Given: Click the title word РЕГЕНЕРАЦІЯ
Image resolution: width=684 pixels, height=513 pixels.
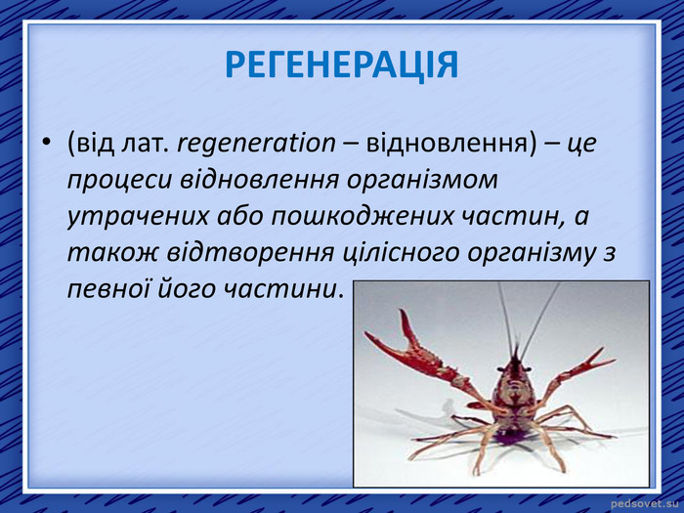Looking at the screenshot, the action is coord(342,65).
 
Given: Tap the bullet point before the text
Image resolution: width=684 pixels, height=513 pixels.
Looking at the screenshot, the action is coord(47,143).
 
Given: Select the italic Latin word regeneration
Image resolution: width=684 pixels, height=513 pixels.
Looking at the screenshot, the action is coord(256,143).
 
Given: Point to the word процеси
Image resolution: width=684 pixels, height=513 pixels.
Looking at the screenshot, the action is coord(118,180).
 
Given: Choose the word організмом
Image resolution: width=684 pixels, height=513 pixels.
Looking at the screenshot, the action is coord(422,180).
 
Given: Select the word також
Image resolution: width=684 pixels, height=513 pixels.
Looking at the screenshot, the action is coord(112,253).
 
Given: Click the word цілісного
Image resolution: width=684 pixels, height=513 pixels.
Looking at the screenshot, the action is coord(399,253).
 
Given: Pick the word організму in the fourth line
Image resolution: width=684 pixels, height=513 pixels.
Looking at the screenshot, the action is coord(531,254).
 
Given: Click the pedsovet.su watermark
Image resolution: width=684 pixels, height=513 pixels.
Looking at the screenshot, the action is coord(645,504).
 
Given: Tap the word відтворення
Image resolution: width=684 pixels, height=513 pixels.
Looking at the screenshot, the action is coord(250,253).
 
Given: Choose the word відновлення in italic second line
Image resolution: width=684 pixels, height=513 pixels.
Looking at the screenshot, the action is coord(259,180).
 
